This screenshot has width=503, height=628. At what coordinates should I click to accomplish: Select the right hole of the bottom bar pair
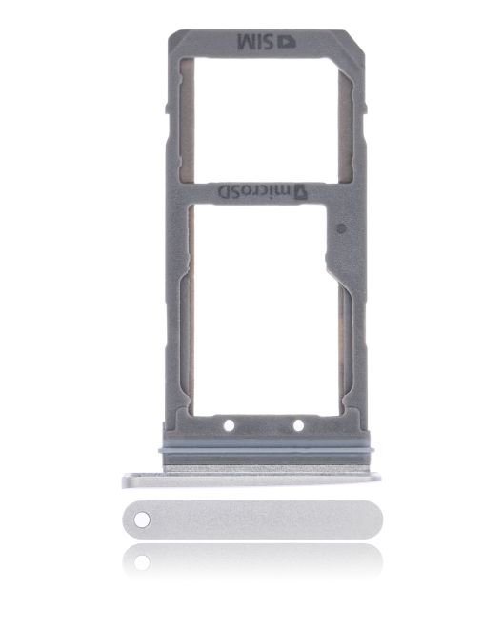(298, 424)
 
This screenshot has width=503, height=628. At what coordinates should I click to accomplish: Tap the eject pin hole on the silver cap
(143, 520)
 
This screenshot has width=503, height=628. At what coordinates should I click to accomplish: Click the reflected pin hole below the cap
(141, 562)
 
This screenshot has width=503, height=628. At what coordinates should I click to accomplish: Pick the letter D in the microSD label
(227, 191)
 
